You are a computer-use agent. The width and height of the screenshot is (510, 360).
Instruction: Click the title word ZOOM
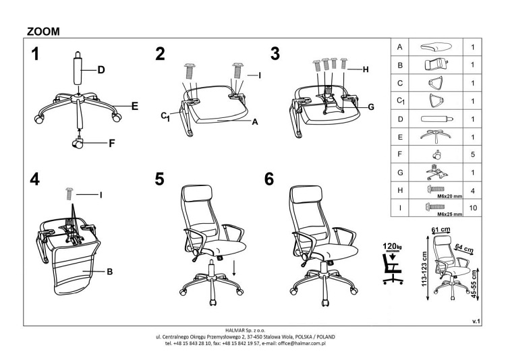(x=43, y=32)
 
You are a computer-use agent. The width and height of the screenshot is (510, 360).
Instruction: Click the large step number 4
(x=35, y=179)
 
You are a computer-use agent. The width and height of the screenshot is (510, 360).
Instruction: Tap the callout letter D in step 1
(x=101, y=70)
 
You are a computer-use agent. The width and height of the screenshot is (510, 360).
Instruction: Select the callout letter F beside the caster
(x=112, y=144)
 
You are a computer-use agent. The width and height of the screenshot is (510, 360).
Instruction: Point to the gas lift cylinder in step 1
(x=78, y=67)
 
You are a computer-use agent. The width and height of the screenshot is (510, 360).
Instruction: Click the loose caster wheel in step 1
(x=78, y=143)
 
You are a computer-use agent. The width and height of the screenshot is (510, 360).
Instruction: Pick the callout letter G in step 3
(x=371, y=107)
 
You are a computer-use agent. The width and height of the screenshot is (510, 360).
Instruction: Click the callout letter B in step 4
(x=110, y=271)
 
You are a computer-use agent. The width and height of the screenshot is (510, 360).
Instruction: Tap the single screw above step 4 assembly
(x=69, y=193)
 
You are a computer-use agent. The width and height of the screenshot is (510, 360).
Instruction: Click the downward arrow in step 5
(x=234, y=268)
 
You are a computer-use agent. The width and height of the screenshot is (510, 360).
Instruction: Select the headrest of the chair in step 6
(x=307, y=194)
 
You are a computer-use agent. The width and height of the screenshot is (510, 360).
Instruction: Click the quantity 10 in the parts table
(x=473, y=208)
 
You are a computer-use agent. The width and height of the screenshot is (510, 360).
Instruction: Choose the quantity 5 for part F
(x=473, y=154)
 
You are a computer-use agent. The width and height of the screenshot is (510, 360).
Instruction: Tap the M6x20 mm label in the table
(x=449, y=196)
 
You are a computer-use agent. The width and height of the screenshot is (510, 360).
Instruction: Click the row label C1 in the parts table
(x=401, y=101)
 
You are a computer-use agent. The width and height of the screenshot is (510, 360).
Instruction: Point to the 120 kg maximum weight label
(x=393, y=247)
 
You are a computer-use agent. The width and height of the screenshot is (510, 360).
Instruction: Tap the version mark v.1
(x=476, y=322)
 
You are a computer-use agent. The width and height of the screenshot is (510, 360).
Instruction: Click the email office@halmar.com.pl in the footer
(x=302, y=343)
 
